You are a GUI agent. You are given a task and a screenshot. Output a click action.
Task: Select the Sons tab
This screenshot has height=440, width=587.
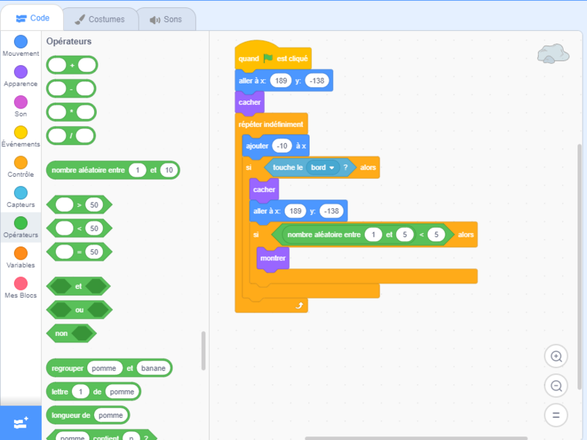[166, 19]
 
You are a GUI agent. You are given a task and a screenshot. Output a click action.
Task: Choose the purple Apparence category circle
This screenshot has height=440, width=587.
[21, 71]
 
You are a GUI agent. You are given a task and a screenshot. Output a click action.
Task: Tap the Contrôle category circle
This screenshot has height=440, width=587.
[21, 162]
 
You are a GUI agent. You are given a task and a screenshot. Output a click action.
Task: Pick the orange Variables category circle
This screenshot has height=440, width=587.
[21, 252]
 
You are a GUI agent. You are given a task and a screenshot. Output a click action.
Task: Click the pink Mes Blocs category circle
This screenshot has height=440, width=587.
[21, 282]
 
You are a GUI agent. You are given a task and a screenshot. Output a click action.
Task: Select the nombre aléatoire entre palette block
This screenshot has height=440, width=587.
[88, 170]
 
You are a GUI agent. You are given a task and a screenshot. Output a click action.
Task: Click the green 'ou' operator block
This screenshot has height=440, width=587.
[79, 309]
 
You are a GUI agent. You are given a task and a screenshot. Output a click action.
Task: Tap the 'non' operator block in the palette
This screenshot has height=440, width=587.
[61, 333]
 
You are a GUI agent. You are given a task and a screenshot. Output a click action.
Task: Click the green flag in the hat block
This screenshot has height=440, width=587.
[268, 58]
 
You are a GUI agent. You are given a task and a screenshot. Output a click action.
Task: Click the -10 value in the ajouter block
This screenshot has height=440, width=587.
[282, 145]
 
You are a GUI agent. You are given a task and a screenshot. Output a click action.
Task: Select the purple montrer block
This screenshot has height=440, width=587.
[272, 258]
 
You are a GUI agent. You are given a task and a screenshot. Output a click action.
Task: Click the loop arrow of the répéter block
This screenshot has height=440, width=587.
[299, 304]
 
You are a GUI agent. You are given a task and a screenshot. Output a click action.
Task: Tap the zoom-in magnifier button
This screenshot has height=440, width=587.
[555, 356]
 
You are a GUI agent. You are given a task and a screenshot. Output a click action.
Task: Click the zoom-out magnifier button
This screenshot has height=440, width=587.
[555, 386]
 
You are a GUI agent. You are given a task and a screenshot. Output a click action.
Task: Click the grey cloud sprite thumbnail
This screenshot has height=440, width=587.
[553, 53]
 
